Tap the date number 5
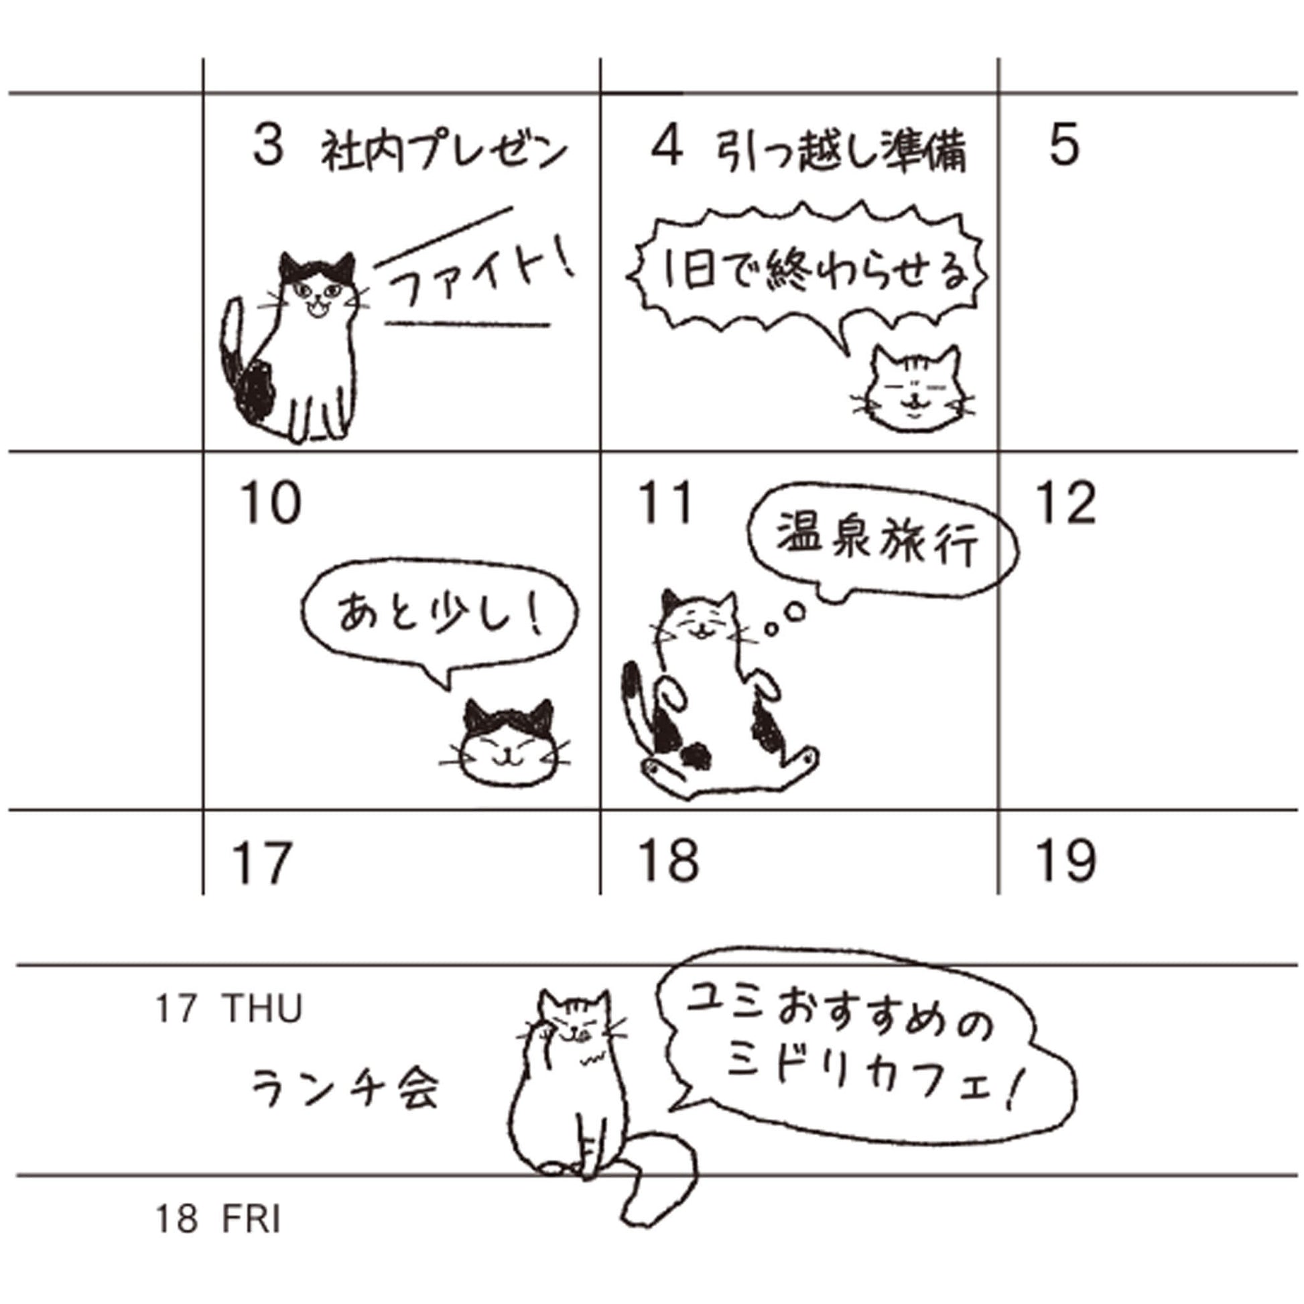pyautogui.click(x=1063, y=145)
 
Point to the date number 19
pyautogui.click(x=1066, y=860)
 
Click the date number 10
pyautogui.click(x=270, y=503)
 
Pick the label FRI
pyautogui.click(x=251, y=1219)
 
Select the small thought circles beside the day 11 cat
pyautogui.click(x=786, y=618)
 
